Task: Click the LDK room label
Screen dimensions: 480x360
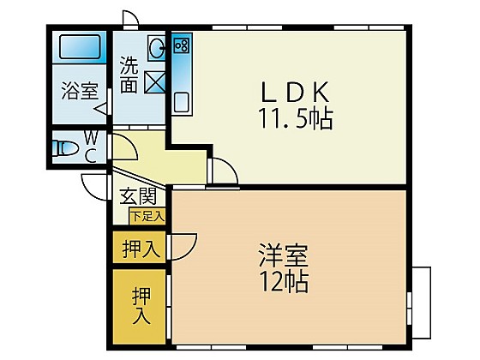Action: click(x=296, y=92)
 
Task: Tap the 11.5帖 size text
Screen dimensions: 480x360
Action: click(x=296, y=118)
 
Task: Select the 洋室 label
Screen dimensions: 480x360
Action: click(x=284, y=255)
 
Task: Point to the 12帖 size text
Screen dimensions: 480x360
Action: click(x=284, y=282)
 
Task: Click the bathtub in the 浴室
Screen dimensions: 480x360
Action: click(x=80, y=47)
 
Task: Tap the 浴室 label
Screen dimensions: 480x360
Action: click(x=80, y=91)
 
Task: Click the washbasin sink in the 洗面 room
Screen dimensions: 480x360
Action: click(x=156, y=47)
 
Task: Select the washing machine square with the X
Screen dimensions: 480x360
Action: click(x=154, y=82)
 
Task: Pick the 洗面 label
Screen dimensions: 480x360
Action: click(x=129, y=75)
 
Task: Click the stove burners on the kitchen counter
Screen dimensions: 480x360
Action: click(x=181, y=45)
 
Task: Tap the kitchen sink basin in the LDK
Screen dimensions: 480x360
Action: click(x=182, y=102)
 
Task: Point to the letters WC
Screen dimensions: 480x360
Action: click(x=91, y=148)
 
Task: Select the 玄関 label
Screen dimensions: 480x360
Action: click(x=138, y=196)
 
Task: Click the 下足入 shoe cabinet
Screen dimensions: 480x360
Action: click(x=147, y=216)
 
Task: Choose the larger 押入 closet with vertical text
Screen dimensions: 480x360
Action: click(x=139, y=307)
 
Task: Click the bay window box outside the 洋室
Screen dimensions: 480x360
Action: click(x=421, y=303)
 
